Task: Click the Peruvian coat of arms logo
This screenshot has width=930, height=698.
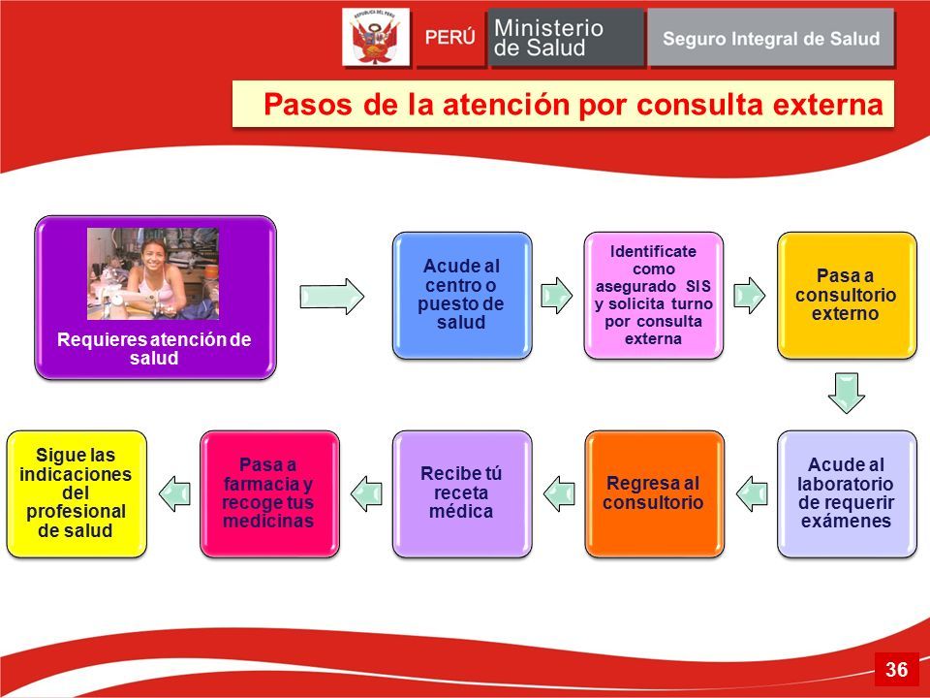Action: pos(376,37)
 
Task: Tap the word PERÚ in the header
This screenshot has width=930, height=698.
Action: pos(450,38)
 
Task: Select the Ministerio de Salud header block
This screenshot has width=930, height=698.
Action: pos(567,38)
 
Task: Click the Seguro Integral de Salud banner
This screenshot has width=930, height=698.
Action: pos(770,38)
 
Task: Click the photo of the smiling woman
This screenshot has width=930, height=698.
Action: pos(153,273)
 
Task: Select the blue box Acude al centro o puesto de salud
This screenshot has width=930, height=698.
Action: pos(462,295)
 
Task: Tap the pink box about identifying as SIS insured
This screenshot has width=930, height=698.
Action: pos(654,295)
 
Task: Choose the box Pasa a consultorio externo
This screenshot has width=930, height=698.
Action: pos(847,295)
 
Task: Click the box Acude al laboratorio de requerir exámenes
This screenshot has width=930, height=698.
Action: pos(847,493)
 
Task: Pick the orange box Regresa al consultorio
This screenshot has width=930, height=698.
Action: pos(654,493)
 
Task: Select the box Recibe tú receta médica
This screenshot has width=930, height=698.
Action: pos(462,493)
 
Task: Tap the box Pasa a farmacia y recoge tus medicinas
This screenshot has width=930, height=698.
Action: pos(270,493)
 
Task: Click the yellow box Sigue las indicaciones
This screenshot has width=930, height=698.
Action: pos(77,493)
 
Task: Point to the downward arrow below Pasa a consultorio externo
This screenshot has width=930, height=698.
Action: pos(847,393)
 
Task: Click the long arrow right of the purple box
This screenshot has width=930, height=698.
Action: pos(331,297)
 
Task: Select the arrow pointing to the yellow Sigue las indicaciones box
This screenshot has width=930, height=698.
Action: pos(175,493)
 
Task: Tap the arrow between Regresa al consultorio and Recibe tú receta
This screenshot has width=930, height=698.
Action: pos(559,493)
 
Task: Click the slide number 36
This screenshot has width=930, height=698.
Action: pos(897,670)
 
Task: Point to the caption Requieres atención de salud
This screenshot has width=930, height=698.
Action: pos(154,348)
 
